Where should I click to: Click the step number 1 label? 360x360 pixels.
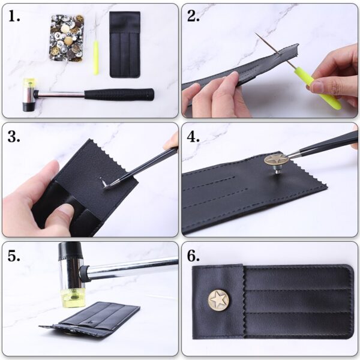(x=14, y=17)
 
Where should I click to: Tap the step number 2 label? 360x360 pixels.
(x=193, y=17)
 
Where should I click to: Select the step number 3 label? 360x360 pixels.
(x=14, y=137)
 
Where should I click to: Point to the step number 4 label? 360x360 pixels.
(x=193, y=137)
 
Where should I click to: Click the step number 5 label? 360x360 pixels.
(x=14, y=256)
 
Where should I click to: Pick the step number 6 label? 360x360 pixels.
(x=193, y=256)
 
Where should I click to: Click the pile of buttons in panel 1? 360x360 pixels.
(x=67, y=38)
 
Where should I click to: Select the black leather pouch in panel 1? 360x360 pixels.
(x=125, y=44)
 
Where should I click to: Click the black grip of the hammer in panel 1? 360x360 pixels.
(x=119, y=94)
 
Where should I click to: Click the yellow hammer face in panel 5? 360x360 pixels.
(x=73, y=298)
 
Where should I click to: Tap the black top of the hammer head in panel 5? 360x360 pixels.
(x=70, y=251)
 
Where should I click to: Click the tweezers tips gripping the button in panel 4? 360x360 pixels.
(x=289, y=157)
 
